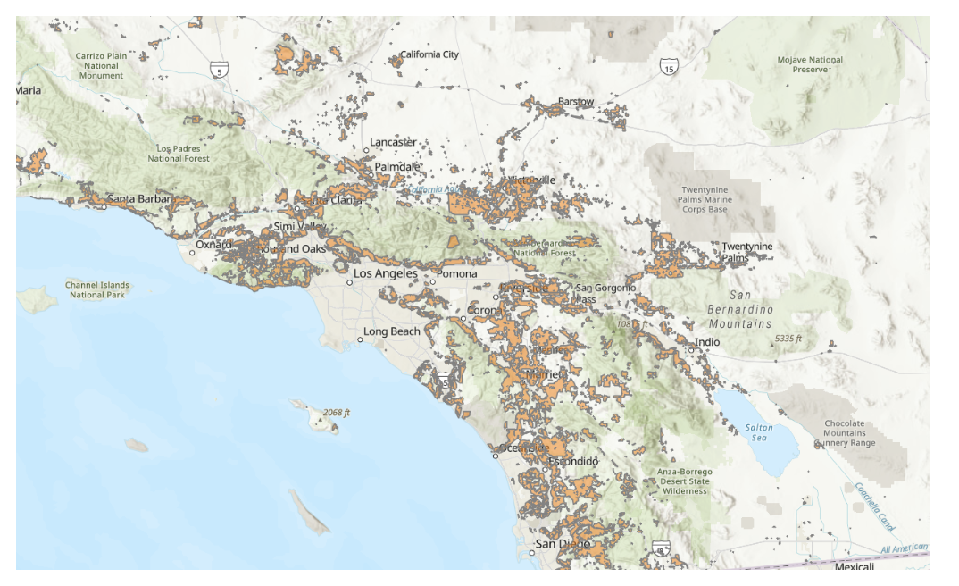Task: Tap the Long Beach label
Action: tap(391, 331)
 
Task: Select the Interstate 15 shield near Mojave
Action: tap(668, 67)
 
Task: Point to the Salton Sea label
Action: tap(759, 432)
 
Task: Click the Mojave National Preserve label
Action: tap(809, 64)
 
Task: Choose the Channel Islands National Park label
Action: tap(97, 290)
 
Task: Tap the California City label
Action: tap(429, 54)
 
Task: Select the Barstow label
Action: tap(576, 102)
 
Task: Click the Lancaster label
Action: tap(394, 142)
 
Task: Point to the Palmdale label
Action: tap(397, 167)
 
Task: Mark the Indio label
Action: tap(708, 342)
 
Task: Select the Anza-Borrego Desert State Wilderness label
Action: tap(686, 481)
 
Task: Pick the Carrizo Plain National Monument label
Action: tap(100, 65)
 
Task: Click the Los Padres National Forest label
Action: tap(183, 154)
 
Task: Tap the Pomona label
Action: tap(456, 273)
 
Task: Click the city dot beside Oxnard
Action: tap(192, 252)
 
